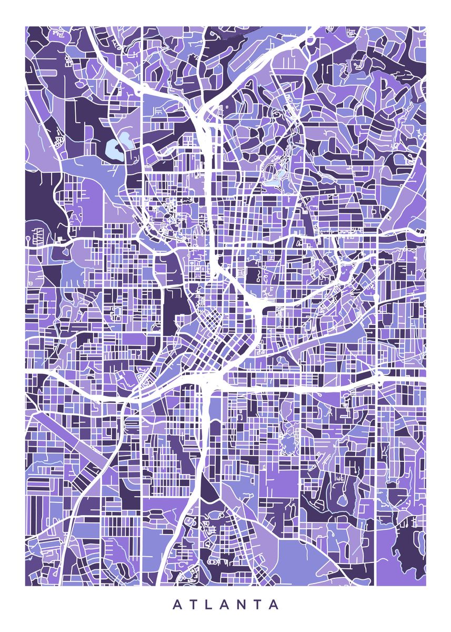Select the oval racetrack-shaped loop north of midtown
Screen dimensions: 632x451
tap(272, 171)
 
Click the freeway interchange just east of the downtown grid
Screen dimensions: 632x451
tap(257, 305)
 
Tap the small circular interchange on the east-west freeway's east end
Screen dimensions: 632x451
tap(379, 376)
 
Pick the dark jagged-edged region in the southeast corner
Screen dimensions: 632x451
tap(408, 548)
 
